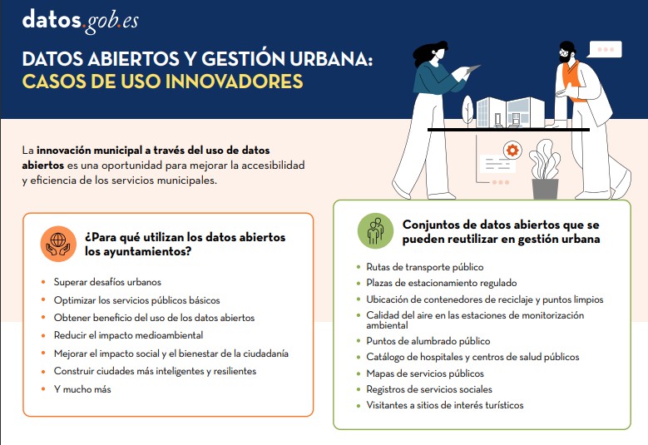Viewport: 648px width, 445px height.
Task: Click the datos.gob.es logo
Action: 80,20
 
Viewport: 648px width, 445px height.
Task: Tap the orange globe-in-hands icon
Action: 58,244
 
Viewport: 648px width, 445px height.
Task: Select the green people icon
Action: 375,230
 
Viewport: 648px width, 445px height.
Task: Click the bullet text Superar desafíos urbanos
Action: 107,282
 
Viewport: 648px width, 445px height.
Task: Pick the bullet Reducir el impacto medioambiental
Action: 128,335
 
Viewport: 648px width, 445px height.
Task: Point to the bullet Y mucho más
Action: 82,388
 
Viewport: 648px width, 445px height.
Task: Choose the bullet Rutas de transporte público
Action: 424,267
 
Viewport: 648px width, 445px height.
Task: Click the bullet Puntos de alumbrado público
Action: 428,341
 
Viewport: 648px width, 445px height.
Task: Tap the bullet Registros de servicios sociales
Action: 429,389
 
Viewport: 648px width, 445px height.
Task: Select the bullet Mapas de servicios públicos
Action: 424,373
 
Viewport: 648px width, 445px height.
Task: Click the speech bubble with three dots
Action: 604,49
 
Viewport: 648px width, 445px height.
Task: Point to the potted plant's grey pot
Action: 546,189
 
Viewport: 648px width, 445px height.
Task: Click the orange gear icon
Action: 512,151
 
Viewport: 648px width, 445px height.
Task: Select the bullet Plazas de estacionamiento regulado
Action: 441,283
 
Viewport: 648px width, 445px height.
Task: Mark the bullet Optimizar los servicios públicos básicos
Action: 136,299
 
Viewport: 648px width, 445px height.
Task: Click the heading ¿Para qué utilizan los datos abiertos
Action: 185,237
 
